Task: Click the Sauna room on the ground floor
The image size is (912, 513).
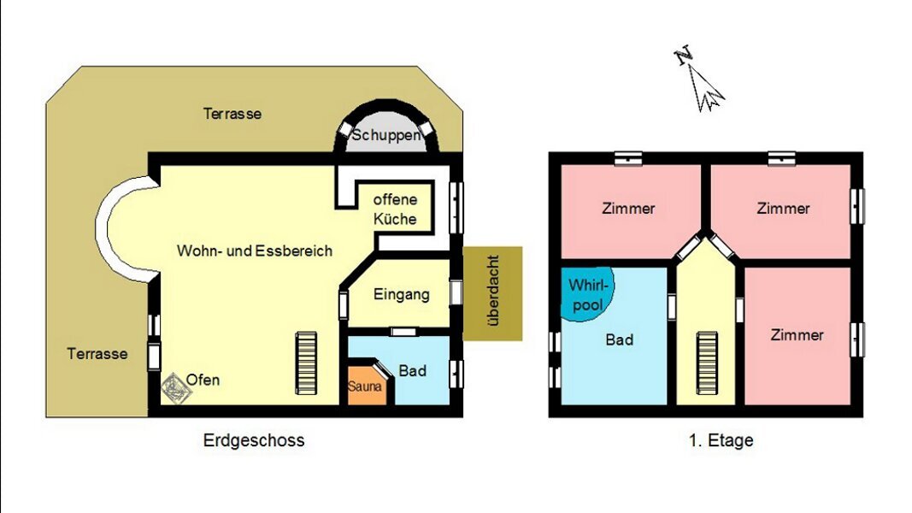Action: click(365, 386)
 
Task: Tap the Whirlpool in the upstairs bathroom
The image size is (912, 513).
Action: click(585, 293)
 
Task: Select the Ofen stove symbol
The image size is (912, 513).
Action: click(176, 387)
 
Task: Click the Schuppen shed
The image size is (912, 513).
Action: click(385, 132)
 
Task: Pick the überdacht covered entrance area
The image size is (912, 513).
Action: click(492, 293)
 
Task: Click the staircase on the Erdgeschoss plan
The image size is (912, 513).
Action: click(306, 363)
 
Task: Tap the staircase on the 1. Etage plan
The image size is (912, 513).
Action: click(707, 363)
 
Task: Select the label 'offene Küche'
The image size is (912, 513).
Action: click(395, 209)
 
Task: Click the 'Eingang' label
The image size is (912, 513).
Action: click(402, 294)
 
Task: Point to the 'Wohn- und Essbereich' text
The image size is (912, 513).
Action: click(255, 251)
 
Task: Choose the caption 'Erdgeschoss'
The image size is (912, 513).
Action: click(254, 440)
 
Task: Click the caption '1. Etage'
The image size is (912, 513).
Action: click(721, 440)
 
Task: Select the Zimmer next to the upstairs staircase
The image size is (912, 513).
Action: click(797, 335)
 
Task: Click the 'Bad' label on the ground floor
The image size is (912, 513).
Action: click(412, 370)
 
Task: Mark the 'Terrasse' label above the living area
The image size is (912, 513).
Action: click(232, 114)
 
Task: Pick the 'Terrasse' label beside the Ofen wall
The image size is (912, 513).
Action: click(97, 354)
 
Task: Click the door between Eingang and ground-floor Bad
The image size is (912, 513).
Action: click(403, 332)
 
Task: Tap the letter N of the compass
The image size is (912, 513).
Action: click(684, 55)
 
